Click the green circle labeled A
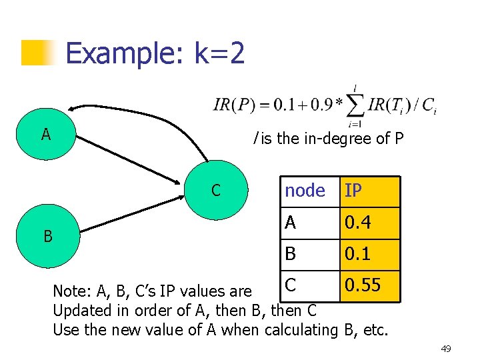[45, 135]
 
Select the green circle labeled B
[47, 235]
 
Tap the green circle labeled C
[215, 191]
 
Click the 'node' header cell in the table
[305, 191]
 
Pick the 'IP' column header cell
[370, 191]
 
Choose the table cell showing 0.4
[370, 223]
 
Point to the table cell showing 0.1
[370, 255]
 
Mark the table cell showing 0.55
[370, 285]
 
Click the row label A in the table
[291, 223]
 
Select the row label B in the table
[291, 255]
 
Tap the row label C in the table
[291, 285]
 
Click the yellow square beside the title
[37, 53]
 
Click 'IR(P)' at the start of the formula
[231, 105]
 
